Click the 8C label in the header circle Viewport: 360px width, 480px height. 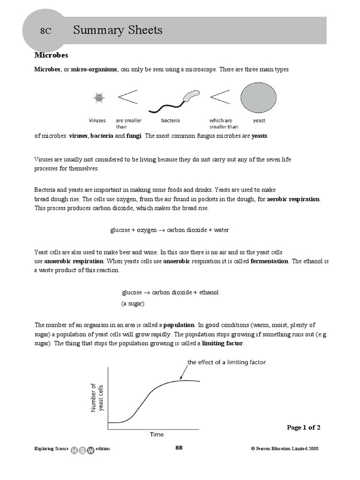[45, 31]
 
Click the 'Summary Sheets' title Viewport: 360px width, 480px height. [118, 30]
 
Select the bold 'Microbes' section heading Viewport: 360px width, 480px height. [52, 55]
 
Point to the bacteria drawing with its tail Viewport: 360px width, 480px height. [173, 102]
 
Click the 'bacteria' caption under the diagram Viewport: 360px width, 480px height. [171, 120]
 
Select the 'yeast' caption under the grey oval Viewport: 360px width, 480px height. [259, 120]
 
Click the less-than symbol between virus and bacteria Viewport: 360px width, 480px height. [127, 97]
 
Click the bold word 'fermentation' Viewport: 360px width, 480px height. [270, 261]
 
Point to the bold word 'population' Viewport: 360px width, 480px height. [179, 325]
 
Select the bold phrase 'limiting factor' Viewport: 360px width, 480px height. [222, 343]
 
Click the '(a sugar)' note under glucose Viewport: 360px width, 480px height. [133, 303]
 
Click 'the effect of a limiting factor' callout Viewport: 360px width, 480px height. [226, 362]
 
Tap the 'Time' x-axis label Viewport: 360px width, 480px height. [157, 435]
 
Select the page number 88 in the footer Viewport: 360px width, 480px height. [179, 448]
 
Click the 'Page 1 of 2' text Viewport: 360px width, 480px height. [303, 427]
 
